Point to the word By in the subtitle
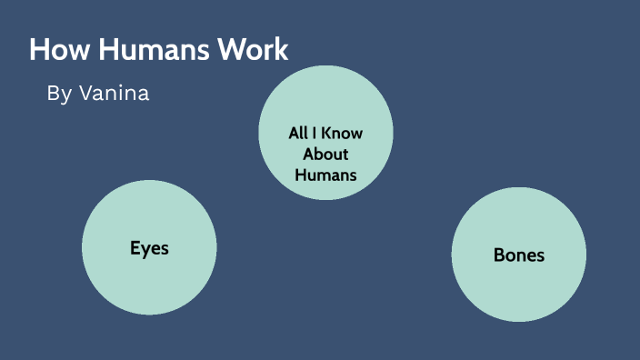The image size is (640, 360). click(x=58, y=94)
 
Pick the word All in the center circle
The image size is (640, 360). click(x=299, y=134)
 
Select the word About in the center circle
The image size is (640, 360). click(x=325, y=154)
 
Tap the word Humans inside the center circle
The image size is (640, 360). click(x=325, y=174)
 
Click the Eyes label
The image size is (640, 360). click(x=149, y=248)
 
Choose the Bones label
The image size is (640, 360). click(x=518, y=255)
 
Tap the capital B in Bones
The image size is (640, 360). click(x=499, y=255)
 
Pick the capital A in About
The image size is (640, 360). click(x=309, y=154)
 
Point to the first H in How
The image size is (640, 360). click(x=39, y=50)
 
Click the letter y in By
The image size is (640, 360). click(x=65, y=95)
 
